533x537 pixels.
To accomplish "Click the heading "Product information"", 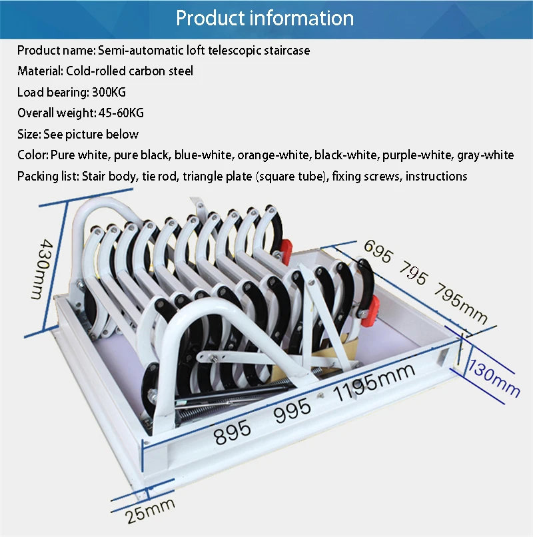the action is [265, 18].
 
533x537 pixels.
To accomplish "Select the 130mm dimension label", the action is [494, 378].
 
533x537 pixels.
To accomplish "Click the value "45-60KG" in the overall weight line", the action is [121, 113].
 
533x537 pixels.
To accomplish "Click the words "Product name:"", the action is [57, 50].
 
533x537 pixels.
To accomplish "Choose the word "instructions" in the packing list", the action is [436, 176].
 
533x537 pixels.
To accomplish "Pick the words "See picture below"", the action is [91, 134].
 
